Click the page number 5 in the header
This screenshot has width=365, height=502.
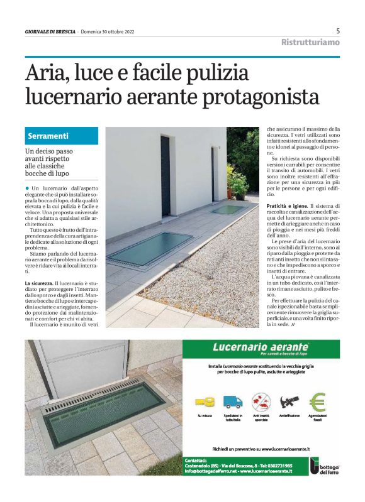tap(338, 31)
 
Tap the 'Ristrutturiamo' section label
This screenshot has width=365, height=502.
tap(310, 43)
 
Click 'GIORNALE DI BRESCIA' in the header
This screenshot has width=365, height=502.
tap(50, 32)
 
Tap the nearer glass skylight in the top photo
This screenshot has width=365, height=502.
tap(150, 248)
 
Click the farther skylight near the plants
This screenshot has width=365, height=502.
tap(227, 209)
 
